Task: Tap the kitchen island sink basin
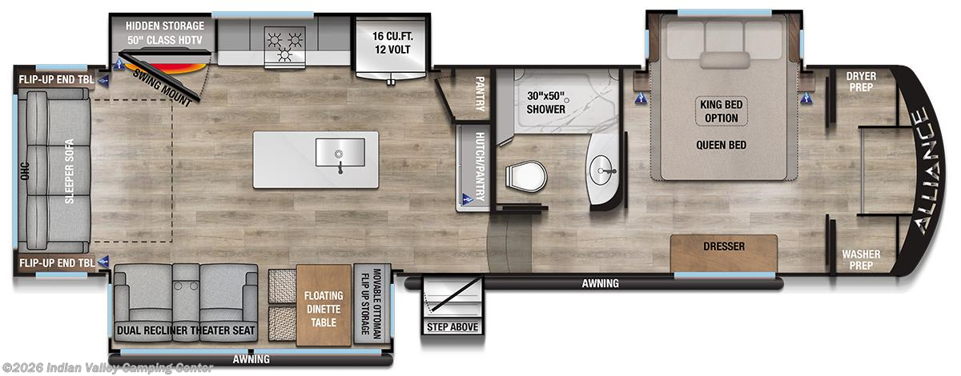tap(340, 152)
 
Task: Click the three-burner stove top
tap(285, 47)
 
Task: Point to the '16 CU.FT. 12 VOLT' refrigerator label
tap(392, 43)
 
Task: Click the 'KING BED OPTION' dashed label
tap(722, 111)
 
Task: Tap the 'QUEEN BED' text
tap(722, 146)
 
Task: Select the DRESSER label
tap(724, 246)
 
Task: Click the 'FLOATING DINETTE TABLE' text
tap(324, 309)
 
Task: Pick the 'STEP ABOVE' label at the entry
tap(452, 327)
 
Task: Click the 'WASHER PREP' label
tap(861, 260)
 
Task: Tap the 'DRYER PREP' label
tap(861, 82)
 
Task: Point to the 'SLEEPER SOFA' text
tap(69, 171)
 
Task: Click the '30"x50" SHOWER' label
tap(545, 102)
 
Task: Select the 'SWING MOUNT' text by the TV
tap(162, 87)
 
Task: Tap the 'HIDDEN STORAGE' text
tap(165, 26)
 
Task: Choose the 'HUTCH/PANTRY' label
tap(479, 166)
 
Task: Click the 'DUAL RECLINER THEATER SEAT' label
tap(186, 330)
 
